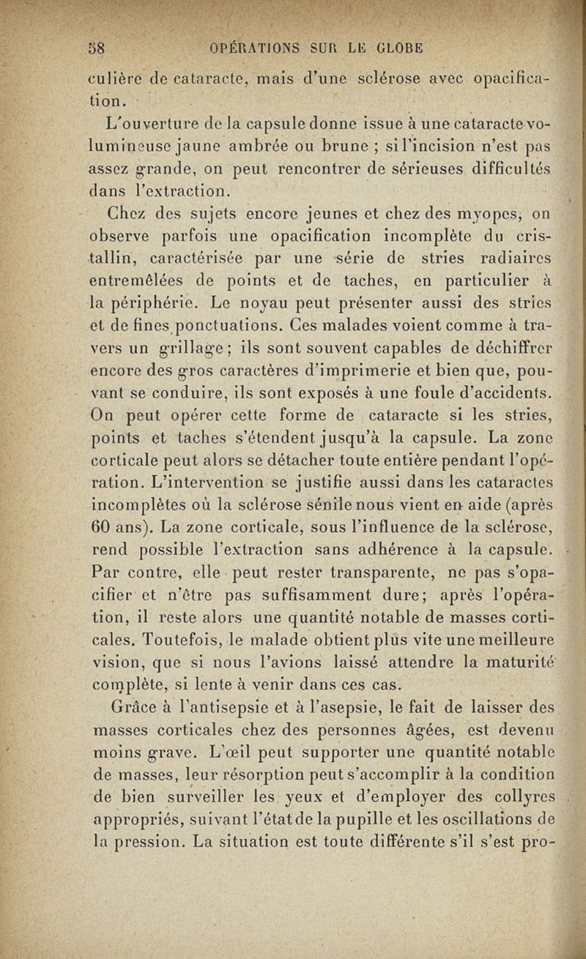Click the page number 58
[x=98, y=49]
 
